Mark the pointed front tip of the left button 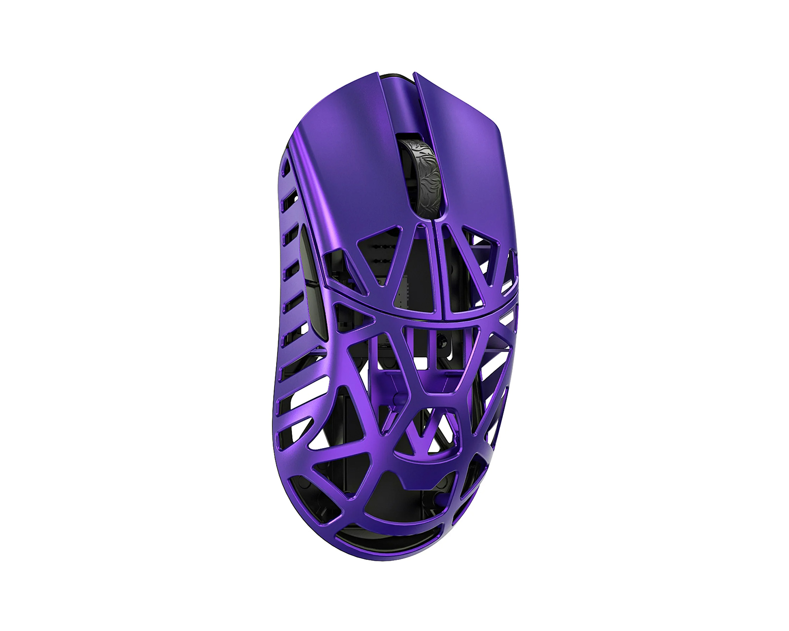click(x=377, y=75)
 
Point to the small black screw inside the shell click(x=440, y=340)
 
